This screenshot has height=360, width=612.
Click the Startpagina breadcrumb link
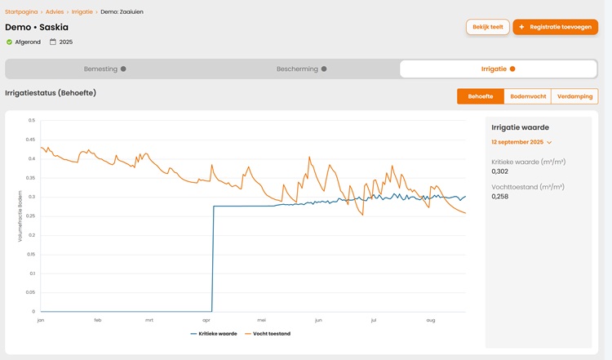(x=21, y=11)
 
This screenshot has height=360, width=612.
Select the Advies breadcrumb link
(x=55, y=11)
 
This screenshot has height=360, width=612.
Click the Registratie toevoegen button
(x=556, y=27)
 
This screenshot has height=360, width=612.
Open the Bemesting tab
(x=104, y=69)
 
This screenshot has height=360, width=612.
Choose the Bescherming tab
(x=301, y=69)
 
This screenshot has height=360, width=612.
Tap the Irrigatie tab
(x=499, y=69)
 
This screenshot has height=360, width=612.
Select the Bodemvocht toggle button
(x=528, y=96)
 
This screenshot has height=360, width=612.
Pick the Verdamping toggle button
(x=574, y=96)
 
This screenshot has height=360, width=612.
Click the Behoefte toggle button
(x=481, y=96)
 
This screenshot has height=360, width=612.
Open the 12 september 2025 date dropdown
(x=521, y=142)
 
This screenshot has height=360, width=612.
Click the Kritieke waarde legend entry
(x=214, y=334)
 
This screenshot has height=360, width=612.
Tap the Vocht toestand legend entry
(x=268, y=334)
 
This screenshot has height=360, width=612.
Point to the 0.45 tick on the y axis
(x=30, y=140)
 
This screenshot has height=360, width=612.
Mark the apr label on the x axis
(x=206, y=320)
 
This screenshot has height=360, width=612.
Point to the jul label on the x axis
(x=374, y=320)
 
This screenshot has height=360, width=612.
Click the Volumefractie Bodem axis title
(x=20, y=216)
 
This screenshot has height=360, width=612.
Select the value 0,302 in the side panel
(x=500, y=171)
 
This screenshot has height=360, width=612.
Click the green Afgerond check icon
(x=9, y=42)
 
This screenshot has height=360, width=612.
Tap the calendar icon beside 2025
(x=53, y=42)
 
